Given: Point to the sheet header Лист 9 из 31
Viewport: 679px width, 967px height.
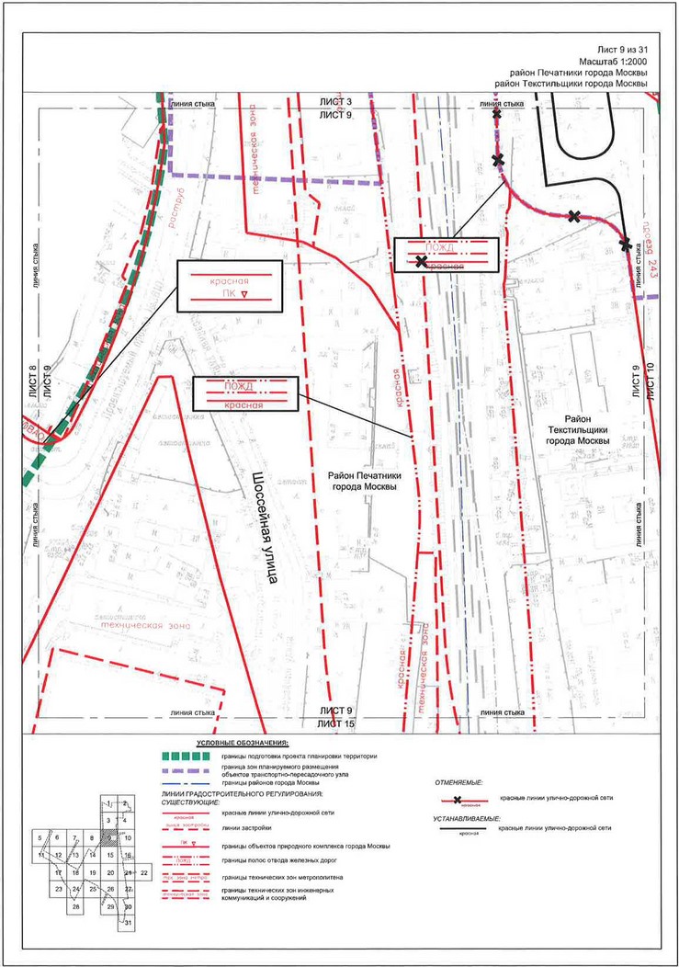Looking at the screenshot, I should (622, 47).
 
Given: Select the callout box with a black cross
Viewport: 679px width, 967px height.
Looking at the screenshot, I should (447, 255).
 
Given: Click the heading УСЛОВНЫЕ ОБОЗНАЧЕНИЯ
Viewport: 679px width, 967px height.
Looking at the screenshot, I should (243, 742).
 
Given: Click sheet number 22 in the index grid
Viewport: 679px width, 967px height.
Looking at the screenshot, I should (145, 870).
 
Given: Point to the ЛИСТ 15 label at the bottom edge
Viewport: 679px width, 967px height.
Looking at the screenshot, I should (336, 725).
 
